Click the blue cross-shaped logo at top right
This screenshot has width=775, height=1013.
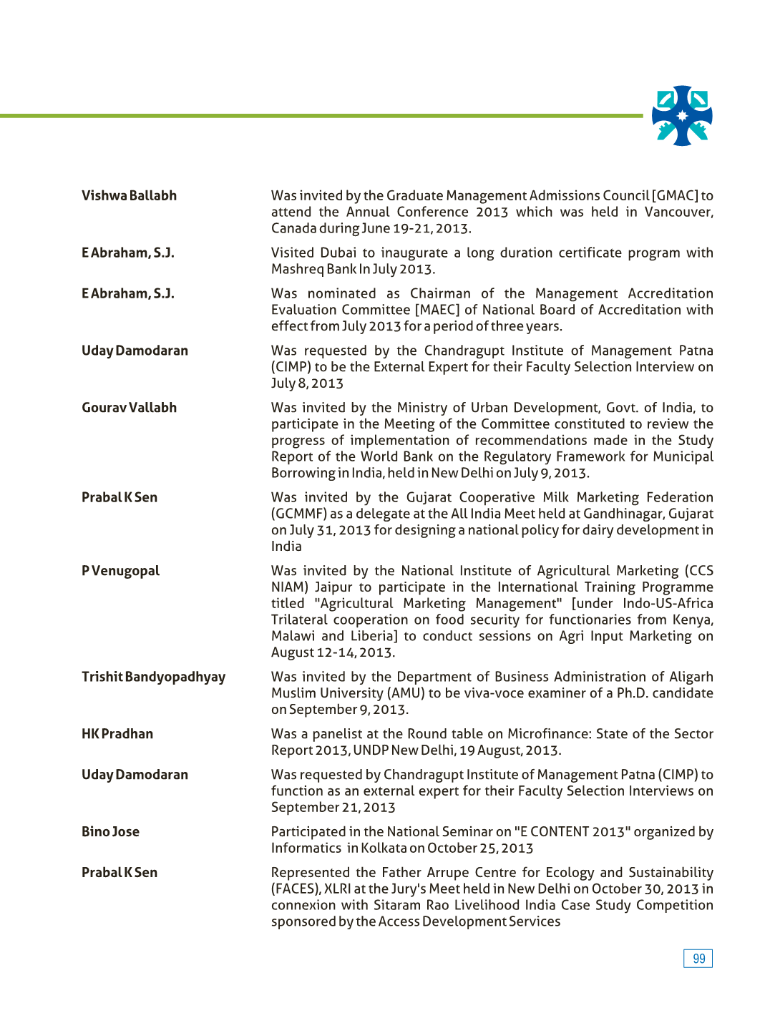(x=682, y=116)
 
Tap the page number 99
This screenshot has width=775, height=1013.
(x=698, y=959)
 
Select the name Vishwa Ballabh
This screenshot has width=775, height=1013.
(x=129, y=196)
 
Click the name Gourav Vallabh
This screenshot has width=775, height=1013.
(x=129, y=408)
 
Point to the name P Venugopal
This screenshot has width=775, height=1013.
(x=120, y=571)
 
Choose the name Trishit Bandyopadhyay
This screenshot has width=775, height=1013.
(x=153, y=677)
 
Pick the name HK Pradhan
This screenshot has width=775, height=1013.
(x=117, y=734)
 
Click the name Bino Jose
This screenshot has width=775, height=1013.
(x=110, y=832)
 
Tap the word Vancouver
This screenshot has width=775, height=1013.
(x=678, y=212)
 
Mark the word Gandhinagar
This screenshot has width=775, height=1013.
(x=623, y=514)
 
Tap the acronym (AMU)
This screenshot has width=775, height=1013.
(x=405, y=693)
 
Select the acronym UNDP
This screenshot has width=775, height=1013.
(x=371, y=750)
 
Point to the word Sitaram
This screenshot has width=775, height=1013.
(x=395, y=906)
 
